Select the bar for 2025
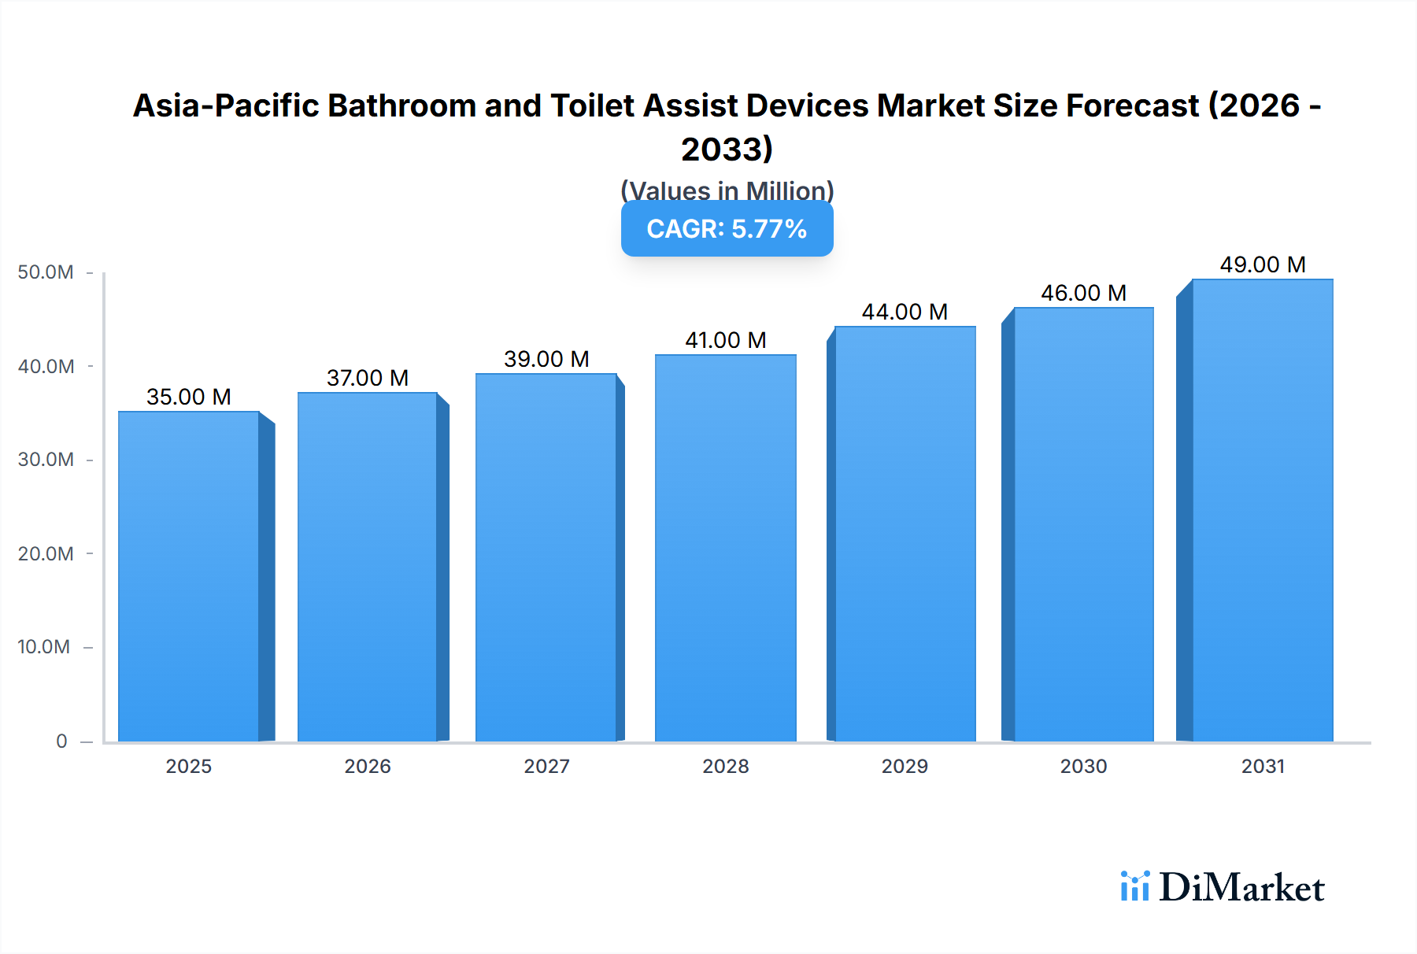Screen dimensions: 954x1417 [x=189, y=576]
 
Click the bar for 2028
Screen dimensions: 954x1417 [x=725, y=548]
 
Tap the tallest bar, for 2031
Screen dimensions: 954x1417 [x=1263, y=510]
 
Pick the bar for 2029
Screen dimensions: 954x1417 [x=905, y=534]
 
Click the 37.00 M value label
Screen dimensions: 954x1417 [x=368, y=378]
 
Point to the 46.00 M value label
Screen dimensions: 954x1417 [x=1083, y=293]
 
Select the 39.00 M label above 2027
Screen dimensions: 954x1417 [x=546, y=359]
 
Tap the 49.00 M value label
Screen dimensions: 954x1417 [x=1263, y=264]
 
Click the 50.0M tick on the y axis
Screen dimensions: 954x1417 [x=46, y=272]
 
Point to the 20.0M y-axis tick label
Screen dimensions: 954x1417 [x=46, y=553]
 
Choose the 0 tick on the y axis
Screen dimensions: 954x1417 [x=61, y=741]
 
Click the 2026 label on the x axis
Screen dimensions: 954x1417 [x=368, y=766]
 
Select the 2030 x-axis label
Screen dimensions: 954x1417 [x=1083, y=766]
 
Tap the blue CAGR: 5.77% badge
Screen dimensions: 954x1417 [x=727, y=229]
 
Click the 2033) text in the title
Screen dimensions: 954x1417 [x=727, y=149]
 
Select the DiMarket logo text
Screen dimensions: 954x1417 [x=1241, y=888]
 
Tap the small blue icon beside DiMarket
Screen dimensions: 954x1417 [x=1134, y=886]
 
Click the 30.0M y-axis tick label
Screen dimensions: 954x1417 [x=46, y=460]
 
